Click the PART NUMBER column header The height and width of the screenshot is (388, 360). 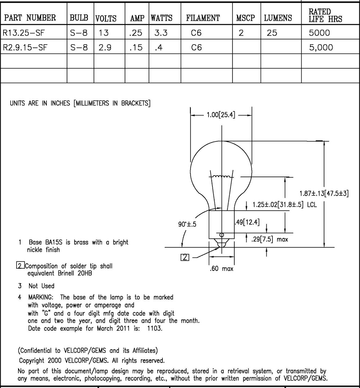click(30, 18)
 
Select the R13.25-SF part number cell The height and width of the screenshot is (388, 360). click(23, 33)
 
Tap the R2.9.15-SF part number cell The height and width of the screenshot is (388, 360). click(25, 47)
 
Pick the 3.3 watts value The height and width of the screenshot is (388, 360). click(161, 33)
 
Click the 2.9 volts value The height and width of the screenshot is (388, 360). click(105, 47)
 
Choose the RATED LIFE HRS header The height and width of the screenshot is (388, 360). click(325, 15)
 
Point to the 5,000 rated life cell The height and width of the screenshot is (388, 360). click(321, 47)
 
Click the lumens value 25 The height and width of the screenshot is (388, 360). click(272, 33)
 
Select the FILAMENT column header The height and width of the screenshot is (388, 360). click(203, 18)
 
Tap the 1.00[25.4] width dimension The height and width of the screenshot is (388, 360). click(221, 115)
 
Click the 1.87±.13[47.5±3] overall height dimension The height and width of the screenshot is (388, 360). click(324, 193)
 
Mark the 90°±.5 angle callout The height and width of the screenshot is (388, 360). click(187, 224)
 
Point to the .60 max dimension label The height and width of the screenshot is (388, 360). click(221, 269)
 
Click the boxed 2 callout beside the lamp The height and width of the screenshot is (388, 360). click(185, 257)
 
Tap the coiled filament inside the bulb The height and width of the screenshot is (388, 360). click(221, 177)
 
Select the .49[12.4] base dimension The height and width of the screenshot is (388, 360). click(247, 222)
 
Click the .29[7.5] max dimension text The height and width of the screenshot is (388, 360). click(270, 239)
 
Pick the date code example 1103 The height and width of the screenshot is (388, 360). click(154, 328)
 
